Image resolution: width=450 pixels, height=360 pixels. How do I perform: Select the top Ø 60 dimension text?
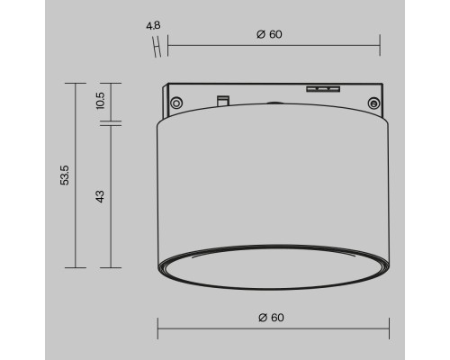[x=270, y=34]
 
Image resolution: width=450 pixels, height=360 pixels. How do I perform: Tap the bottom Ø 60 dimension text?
[x=271, y=318]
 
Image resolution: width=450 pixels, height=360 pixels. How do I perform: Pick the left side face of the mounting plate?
[x=165, y=96]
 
